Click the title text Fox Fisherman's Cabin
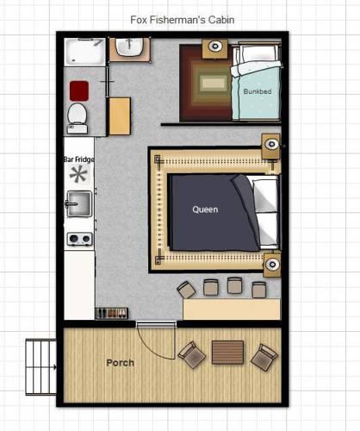pos(183,20)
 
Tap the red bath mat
pos(79,91)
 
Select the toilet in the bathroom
pos(77,118)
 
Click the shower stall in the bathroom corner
pos(84,52)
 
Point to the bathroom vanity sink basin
pos(129,47)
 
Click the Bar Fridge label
pos(79,159)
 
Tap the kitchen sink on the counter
pos(79,203)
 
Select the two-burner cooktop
pos(79,239)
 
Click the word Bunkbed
pos(258,91)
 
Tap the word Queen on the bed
pos(205,209)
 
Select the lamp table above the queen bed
pos(270,146)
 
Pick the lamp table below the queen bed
pos(272,265)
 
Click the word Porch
pos(121,363)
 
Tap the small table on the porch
pos(227,353)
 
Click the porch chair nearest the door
pos(192,354)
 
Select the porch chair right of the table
pos(264,358)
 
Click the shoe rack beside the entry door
pos(111,314)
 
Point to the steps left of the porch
pos(41,367)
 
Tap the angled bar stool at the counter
pos(187,290)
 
